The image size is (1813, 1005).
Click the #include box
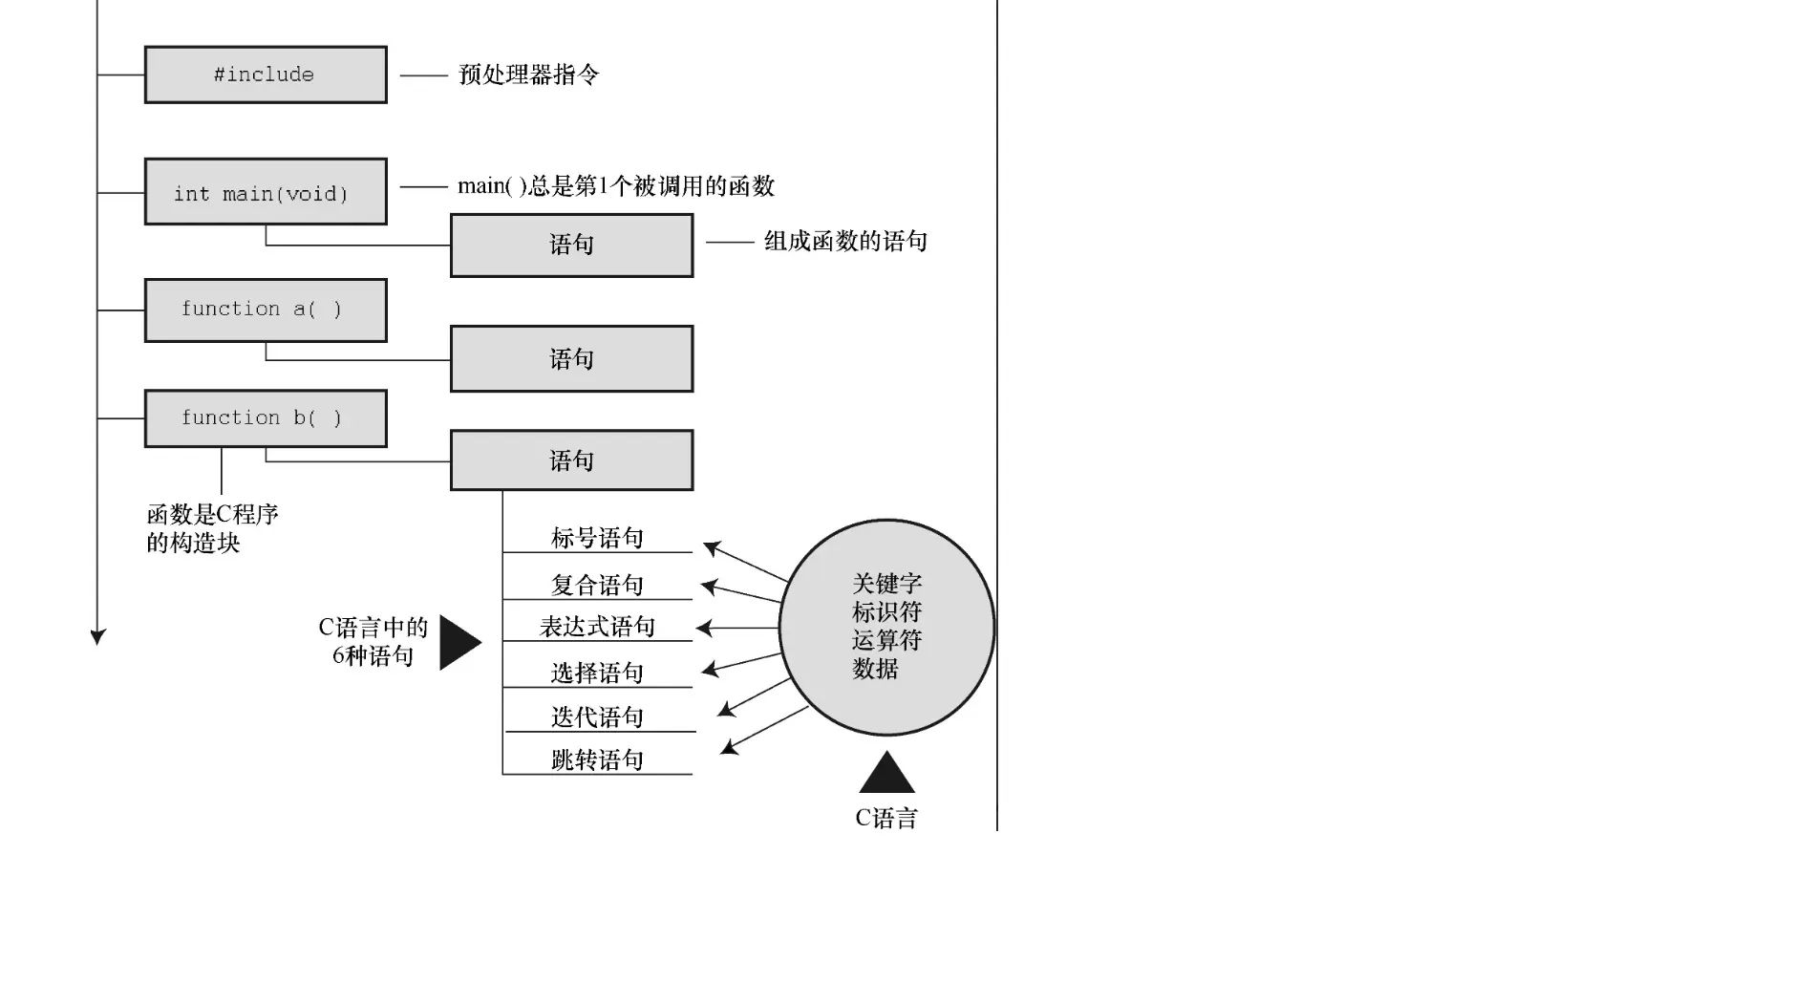266,75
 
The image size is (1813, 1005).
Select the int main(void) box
266,192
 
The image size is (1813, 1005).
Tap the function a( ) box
266,310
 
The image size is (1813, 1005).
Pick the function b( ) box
266,418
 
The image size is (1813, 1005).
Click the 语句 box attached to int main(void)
571,246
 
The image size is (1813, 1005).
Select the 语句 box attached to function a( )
571,359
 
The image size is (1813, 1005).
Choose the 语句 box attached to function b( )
571,460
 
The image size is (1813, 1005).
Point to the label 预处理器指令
528,75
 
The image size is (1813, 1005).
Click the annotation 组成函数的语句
845,242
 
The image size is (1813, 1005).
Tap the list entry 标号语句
597,538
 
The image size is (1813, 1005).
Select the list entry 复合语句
597,585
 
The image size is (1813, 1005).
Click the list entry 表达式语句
597,627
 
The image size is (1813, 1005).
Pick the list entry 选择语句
597,673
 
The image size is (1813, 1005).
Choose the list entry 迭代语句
597,716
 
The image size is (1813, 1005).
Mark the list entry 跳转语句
597,760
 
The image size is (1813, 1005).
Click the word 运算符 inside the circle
886,640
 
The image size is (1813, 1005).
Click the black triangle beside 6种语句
458,642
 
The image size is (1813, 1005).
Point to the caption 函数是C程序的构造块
212,528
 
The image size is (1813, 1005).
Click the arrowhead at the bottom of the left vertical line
97,637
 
